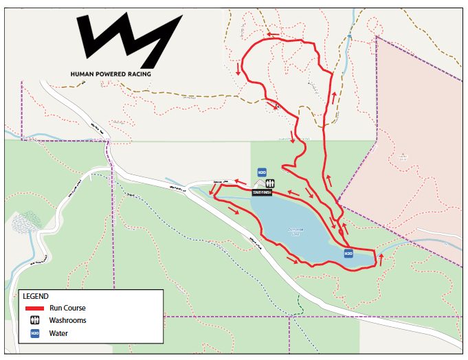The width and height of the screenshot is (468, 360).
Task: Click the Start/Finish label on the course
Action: click(x=263, y=193)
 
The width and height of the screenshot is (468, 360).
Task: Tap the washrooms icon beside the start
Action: click(x=270, y=183)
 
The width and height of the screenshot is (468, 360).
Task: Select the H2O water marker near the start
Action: click(x=262, y=172)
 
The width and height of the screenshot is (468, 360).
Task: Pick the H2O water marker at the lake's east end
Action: click(x=348, y=254)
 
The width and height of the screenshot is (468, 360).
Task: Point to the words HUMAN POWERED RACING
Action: click(x=111, y=74)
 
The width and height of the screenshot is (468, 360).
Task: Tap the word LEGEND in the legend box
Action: click(x=36, y=295)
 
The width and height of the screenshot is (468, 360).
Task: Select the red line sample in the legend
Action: click(x=35, y=308)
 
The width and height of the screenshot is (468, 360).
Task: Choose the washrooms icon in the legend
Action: click(x=34, y=320)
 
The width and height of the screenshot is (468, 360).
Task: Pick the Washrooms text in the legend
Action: click(x=73, y=320)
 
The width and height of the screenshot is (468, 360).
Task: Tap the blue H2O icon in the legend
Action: click(x=34, y=333)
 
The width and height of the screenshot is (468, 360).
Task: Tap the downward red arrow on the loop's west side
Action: click(x=238, y=69)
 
